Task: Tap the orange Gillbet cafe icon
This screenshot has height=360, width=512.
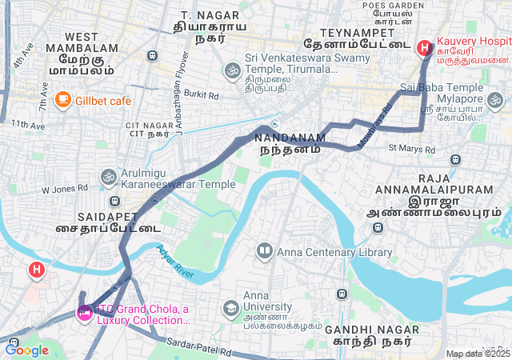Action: pos(62,100)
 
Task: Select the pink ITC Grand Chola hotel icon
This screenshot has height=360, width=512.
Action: pos(83,312)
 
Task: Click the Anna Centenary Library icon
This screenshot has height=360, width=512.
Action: pos(264,252)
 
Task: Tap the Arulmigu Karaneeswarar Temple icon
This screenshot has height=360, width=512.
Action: pos(108,176)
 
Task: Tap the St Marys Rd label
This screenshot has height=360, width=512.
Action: pos(411,149)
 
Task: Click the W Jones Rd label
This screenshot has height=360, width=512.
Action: pos(65,190)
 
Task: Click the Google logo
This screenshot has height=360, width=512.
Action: pos(26,350)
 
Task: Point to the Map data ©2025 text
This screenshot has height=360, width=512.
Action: pos(478,354)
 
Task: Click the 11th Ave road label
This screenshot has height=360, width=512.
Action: pos(28,125)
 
